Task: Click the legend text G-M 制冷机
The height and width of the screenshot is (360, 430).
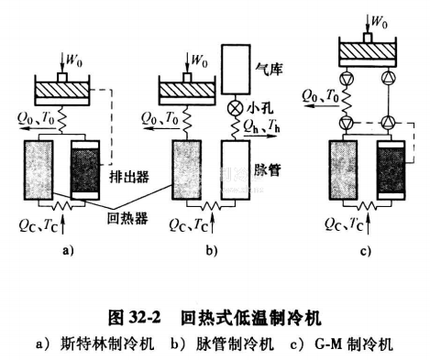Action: (358, 344)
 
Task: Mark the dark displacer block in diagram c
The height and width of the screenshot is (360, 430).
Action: (391, 174)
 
